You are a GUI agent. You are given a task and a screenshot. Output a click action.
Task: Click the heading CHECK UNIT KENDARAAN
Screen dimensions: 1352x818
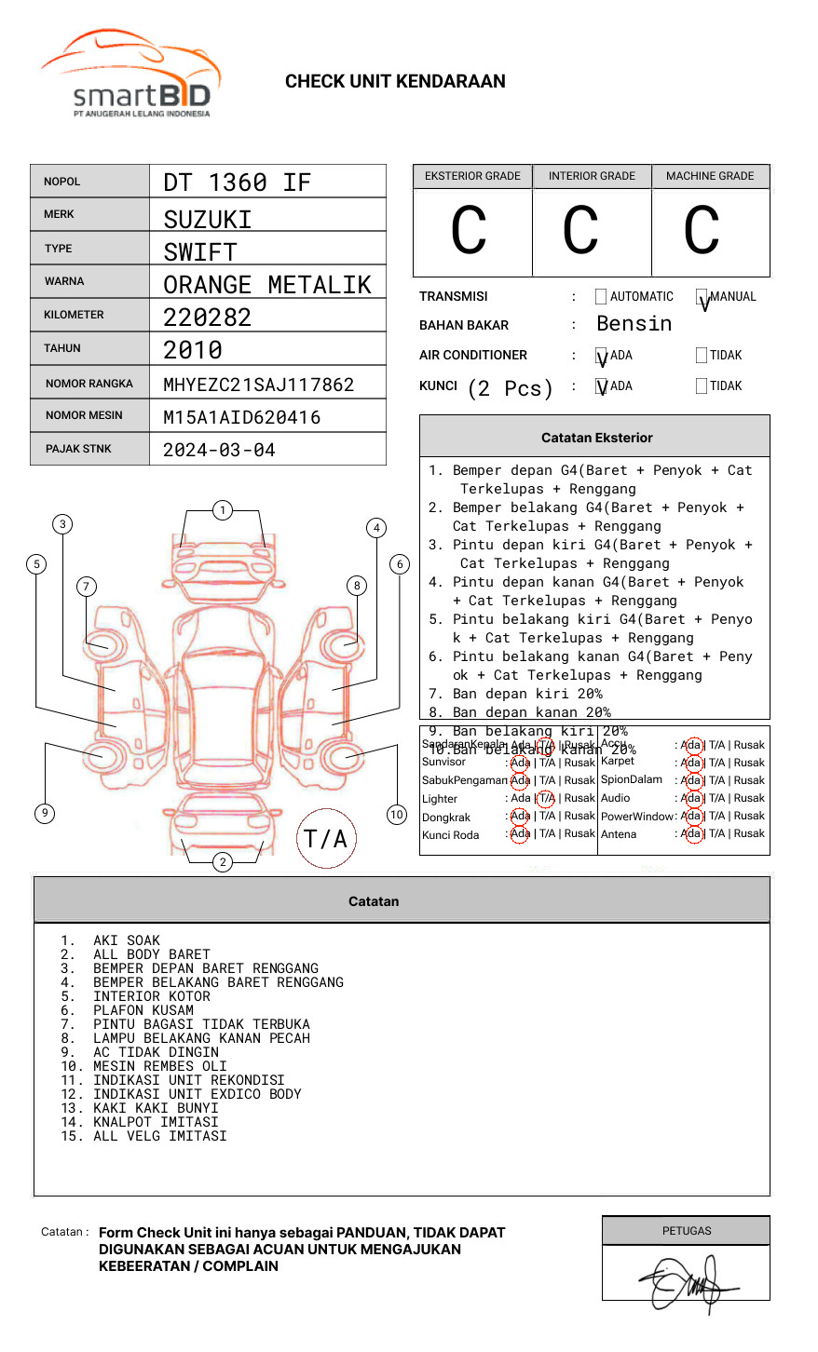pyautogui.click(x=395, y=82)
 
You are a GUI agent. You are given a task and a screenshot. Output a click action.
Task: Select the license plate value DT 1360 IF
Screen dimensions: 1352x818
pyautogui.click(x=237, y=183)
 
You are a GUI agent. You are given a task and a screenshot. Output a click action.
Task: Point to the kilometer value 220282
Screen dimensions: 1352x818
pyautogui.click(x=207, y=318)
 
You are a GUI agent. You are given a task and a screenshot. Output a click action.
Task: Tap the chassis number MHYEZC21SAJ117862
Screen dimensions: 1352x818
pyautogui.click(x=258, y=385)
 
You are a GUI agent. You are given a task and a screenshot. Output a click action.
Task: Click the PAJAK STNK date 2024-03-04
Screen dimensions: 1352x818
pyautogui.click(x=219, y=450)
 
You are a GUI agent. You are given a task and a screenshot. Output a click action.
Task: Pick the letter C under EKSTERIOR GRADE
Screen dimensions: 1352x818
pyautogui.click(x=469, y=231)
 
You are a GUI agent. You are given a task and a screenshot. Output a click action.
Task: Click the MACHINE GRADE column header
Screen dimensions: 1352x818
pyautogui.click(x=710, y=176)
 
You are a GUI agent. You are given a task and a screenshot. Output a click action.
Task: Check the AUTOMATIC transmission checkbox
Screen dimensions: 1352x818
pyautogui.click(x=601, y=297)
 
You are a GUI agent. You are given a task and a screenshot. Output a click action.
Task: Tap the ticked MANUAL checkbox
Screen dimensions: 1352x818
pyautogui.click(x=702, y=298)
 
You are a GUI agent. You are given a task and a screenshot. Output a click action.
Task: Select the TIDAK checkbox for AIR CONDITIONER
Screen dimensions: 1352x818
pyautogui.click(x=702, y=356)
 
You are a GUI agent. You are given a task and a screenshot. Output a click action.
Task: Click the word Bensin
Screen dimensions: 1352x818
pyautogui.click(x=634, y=324)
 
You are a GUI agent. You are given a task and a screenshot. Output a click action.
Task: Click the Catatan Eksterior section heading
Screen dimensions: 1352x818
pyautogui.click(x=596, y=438)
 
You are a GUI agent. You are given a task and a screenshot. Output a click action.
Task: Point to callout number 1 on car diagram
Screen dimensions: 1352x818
pyautogui.click(x=222, y=510)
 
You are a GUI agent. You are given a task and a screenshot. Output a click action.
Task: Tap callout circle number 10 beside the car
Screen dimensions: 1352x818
pyautogui.click(x=397, y=815)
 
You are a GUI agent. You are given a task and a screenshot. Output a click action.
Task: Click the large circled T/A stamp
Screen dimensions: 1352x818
pyautogui.click(x=326, y=839)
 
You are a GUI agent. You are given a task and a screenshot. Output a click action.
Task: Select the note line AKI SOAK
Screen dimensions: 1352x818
pyautogui.click(x=126, y=940)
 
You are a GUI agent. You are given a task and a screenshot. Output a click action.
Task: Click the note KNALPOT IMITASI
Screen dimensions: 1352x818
pyautogui.click(x=159, y=1122)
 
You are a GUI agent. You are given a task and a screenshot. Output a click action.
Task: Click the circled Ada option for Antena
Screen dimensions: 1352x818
pyautogui.click(x=691, y=834)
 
